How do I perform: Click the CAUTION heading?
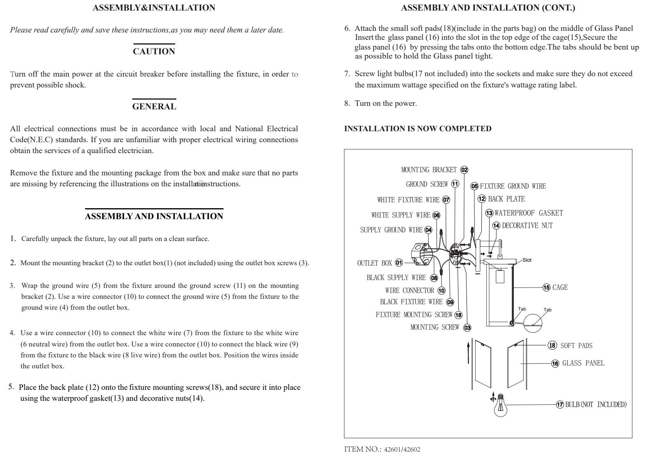click(154, 52)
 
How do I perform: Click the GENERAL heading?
click(154, 106)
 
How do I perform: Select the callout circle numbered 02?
click(464, 170)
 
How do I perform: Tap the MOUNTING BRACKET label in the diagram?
click(429, 170)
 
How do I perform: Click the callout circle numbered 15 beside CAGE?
click(547, 288)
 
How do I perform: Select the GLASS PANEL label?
click(583, 363)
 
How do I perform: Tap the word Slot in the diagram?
click(527, 260)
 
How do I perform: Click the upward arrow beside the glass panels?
click(469, 352)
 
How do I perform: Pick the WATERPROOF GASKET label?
click(529, 213)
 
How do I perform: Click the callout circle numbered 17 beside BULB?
click(560, 405)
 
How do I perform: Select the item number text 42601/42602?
click(402, 450)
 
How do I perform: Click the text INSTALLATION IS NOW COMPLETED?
click(418, 129)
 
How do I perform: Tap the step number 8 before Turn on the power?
click(347, 104)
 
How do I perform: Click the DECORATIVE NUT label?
click(527, 226)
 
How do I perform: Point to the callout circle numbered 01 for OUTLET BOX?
click(399, 263)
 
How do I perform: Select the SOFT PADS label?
click(576, 346)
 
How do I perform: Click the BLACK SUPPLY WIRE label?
click(396, 278)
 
